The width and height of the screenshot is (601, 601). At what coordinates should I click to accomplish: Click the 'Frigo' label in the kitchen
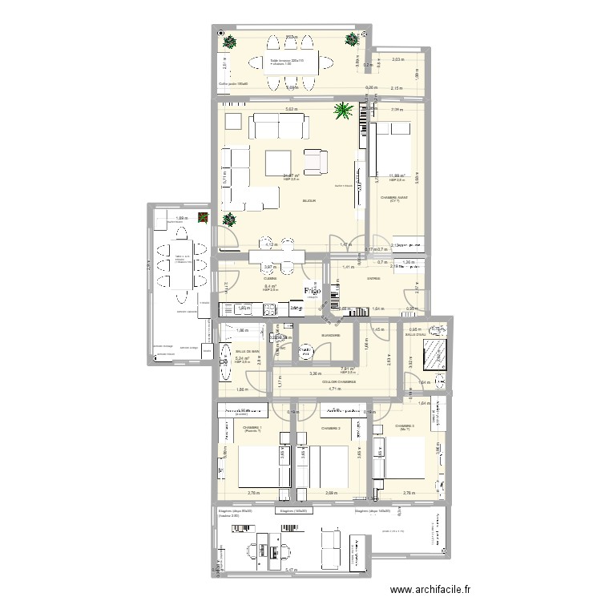click(x=313, y=292)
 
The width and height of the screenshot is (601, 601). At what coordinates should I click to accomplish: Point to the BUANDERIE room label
click(x=330, y=335)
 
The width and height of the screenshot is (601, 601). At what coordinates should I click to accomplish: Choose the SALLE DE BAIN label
click(x=248, y=352)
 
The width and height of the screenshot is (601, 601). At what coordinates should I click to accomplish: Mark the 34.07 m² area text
click(x=291, y=176)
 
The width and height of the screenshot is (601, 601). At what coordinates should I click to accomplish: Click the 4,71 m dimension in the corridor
click(x=333, y=389)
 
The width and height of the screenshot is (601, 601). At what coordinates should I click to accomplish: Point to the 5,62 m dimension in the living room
click(x=291, y=110)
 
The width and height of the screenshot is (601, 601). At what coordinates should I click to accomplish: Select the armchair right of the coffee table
click(x=317, y=162)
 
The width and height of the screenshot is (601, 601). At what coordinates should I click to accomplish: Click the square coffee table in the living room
click(x=280, y=161)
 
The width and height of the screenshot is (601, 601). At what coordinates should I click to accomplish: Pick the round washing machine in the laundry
click(x=308, y=351)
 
